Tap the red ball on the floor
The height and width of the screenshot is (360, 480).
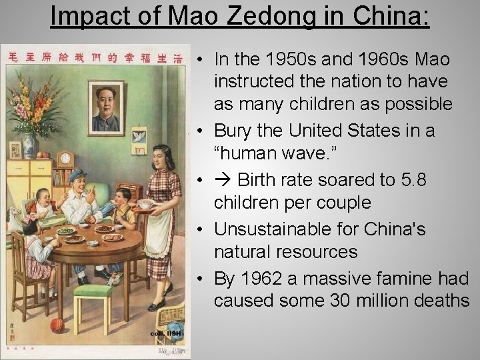tap(57, 325)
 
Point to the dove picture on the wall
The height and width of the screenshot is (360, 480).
tap(139, 137)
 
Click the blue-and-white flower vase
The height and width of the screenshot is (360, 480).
tap(30, 145)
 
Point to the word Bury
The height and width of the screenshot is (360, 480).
tap(231, 131)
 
